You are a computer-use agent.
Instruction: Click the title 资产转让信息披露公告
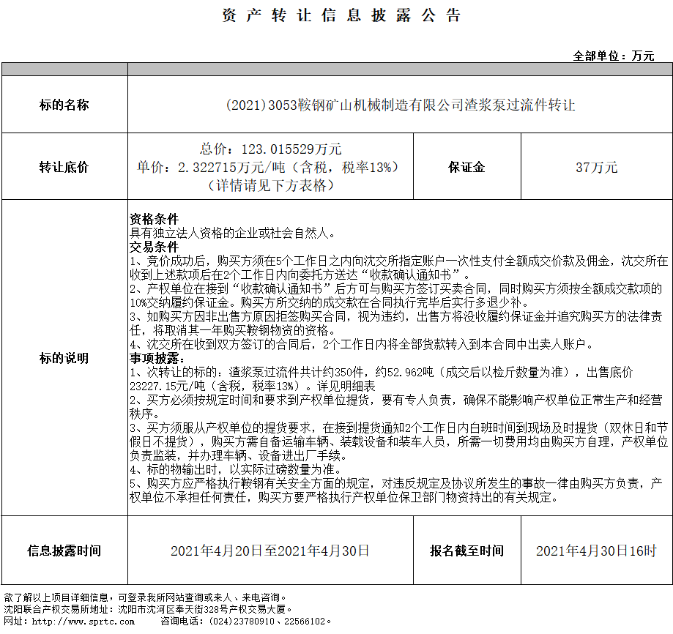pyautogui.click(x=341, y=16)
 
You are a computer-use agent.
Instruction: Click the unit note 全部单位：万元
pyautogui.click(x=613, y=56)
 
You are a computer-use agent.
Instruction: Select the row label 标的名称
pyautogui.click(x=64, y=105)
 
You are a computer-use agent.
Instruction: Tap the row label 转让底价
pyautogui.click(x=64, y=167)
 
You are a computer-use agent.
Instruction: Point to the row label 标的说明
pyautogui.click(x=64, y=358)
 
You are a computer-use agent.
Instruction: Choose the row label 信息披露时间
pyautogui.click(x=64, y=551)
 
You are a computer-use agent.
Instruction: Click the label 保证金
pyautogui.click(x=466, y=167)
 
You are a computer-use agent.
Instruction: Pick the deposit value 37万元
pyautogui.click(x=596, y=167)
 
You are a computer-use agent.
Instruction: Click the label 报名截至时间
pyautogui.click(x=466, y=551)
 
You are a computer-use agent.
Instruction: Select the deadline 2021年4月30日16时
pyautogui.click(x=596, y=551)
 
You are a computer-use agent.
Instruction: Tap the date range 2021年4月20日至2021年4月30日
pyautogui.click(x=270, y=551)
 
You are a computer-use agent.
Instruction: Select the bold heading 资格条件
pyautogui.click(x=155, y=219)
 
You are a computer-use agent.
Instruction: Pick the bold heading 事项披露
pyautogui.click(x=155, y=359)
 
